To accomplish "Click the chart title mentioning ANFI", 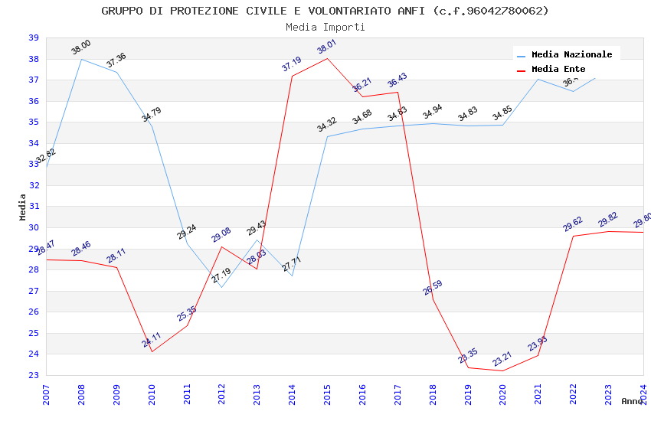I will pyautogui.click(x=325, y=11).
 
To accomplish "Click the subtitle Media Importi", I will pyautogui.click(x=325, y=27).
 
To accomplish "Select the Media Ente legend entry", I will pyautogui.click(x=558, y=70).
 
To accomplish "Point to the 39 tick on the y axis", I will pyautogui.click(x=34, y=38).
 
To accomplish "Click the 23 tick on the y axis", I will pyautogui.click(x=34, y=375).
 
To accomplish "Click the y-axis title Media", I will pyautogui.click(x=22, y=207).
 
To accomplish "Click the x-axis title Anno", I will pyautogui.click(x=632, y=401).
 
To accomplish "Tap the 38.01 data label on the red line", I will pyautogui.click(x=327, y=47).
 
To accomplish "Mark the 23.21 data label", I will pyautogui.click(x=502, y=359).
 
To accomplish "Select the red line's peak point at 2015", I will pyautogui.click(x=327, y=58).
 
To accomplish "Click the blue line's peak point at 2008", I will pyautogui.click(x=81, y=59).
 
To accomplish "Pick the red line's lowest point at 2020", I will pyautogui.click(x=502, y=370).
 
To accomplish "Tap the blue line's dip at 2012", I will pyautogui.click(x=221, y=287).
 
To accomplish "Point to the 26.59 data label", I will pyautogui.click(x=433, y=288).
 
